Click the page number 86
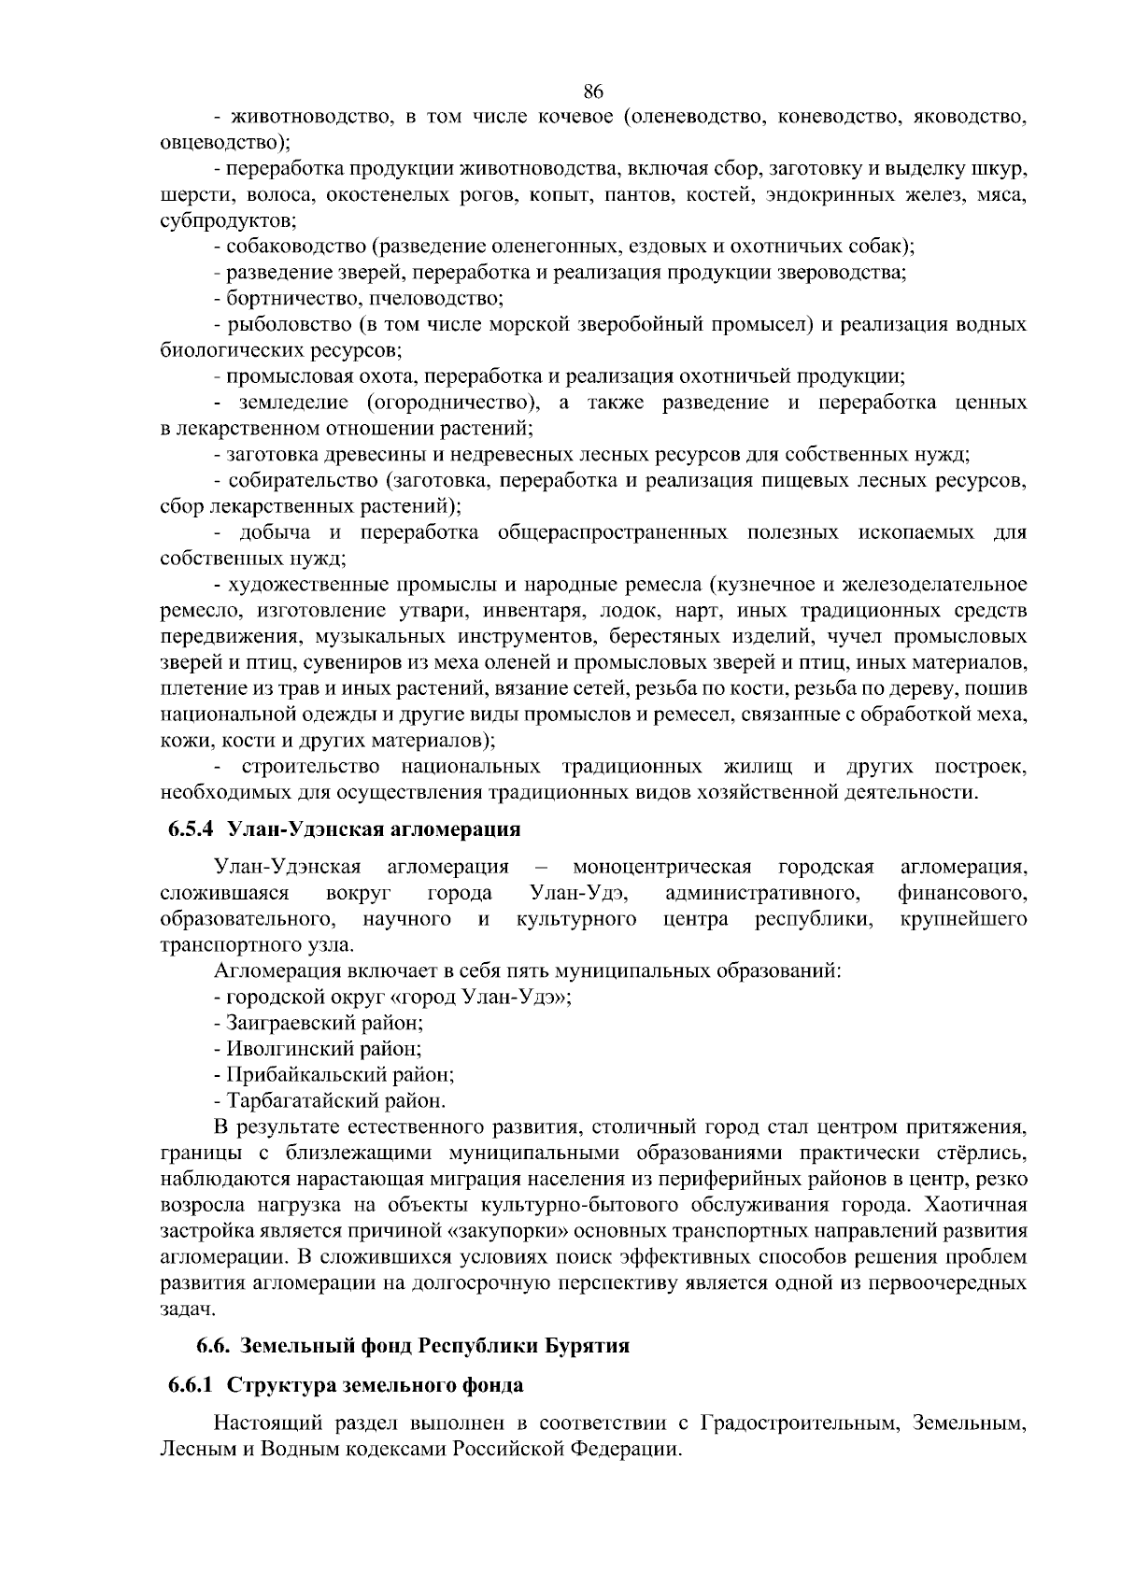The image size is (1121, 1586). click(x=593, y=91)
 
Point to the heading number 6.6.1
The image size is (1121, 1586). click(x=192, y=1384)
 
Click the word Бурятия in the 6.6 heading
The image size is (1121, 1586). click(x=592, y=1346)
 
